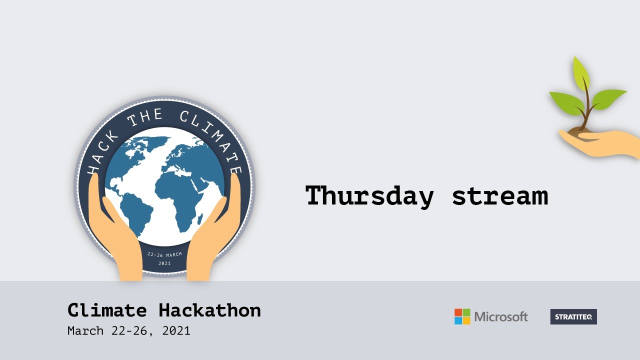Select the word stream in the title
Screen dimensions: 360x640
pyautogui.click(x=499, y=195)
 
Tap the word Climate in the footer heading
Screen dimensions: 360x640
pyautogui.click(x=107, y=310)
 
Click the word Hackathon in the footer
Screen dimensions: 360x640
pyautogui.click(x=209, y=310)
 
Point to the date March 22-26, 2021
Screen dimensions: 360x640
pyautogui.click(x=129, y=331)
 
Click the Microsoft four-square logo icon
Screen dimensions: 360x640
pyautogui.click(x=462, y=316)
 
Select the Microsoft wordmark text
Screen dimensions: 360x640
pyautogui.click(x=501, y=316)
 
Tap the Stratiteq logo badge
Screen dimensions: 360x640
pyautogui.click(x=573, y=316)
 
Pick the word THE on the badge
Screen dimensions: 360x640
pyautogui.click(x=145, y=119)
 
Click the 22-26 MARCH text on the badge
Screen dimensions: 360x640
pyautogui.click(x=164, y=254)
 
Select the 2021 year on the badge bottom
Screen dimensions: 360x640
pyautogui.click(x=164, y=263)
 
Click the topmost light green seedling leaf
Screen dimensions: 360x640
pyautogui.click(x=581, y=72)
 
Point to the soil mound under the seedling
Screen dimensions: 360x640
pyautogui.click(x=582, y=131)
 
